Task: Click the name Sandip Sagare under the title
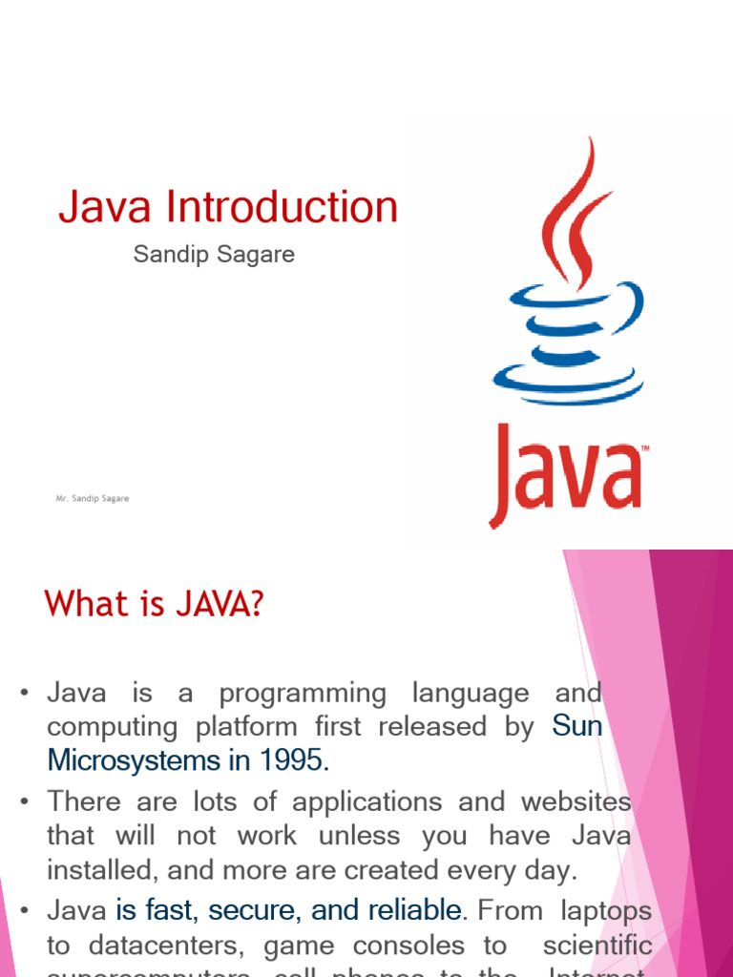pos(214,256)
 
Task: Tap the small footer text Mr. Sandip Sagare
pos(93,498)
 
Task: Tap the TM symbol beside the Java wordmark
pos(645,447)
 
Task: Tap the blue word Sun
pos(577,726)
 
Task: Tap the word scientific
pos(597,946)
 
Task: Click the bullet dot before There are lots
pos(26,802)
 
